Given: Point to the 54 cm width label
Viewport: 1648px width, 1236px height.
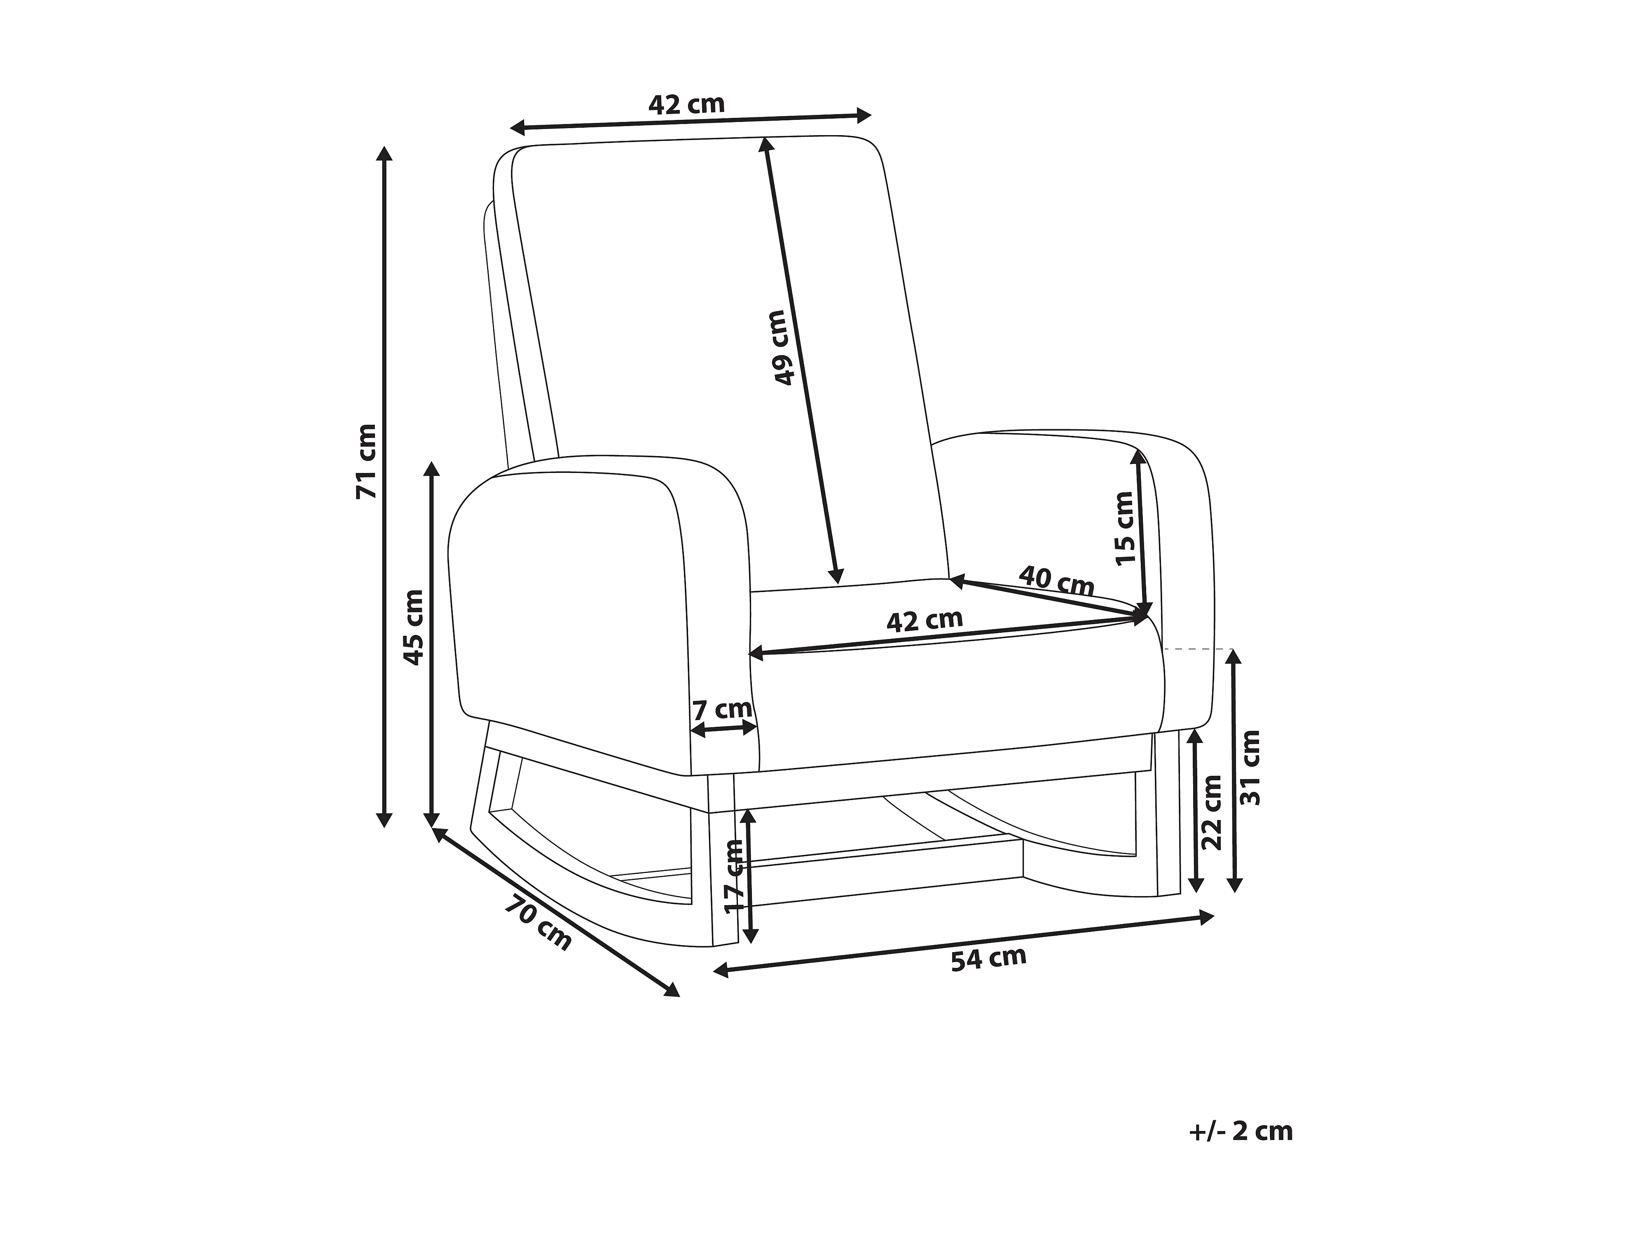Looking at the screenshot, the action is point(989,958).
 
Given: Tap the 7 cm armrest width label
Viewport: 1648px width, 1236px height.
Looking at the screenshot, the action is point(722,709).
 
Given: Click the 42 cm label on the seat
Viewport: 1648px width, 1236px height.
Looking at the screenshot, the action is point(925,620).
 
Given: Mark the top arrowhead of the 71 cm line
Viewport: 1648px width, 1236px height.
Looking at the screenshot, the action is point(384,153).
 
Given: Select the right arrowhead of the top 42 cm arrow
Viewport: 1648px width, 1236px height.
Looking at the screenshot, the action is point(864,115).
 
